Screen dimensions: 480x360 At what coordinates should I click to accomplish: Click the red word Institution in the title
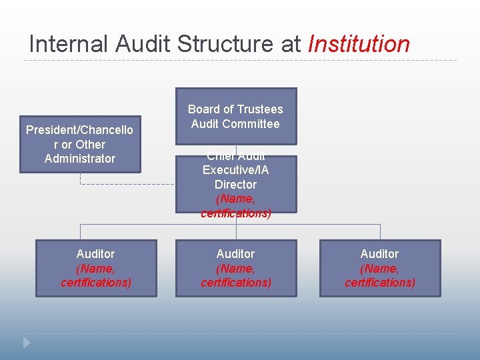point(359,44)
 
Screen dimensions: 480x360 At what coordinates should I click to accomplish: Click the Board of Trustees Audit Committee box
point(236,116)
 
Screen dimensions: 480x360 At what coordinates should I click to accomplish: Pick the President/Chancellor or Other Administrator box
point(80,144)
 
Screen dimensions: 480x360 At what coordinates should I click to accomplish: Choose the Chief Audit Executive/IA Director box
point(236,184)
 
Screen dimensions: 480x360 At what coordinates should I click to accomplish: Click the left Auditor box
point(96,268)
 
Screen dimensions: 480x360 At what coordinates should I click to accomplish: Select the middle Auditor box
point(236,268)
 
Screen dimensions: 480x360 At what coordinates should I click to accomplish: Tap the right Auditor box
point(380,268)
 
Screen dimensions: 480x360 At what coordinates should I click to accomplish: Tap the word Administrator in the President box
point(80,159)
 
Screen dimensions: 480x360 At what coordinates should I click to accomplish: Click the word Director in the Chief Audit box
point(235,185)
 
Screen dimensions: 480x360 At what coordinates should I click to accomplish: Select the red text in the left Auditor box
point(96,275)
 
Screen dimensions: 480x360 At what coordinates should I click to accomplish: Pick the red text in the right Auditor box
point(380,275)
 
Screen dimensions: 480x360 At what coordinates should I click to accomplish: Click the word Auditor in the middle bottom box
point(235,254)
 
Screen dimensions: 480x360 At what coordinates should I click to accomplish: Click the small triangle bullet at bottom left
point(27,343)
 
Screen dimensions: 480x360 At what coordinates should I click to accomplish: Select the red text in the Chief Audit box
point(236,206)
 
